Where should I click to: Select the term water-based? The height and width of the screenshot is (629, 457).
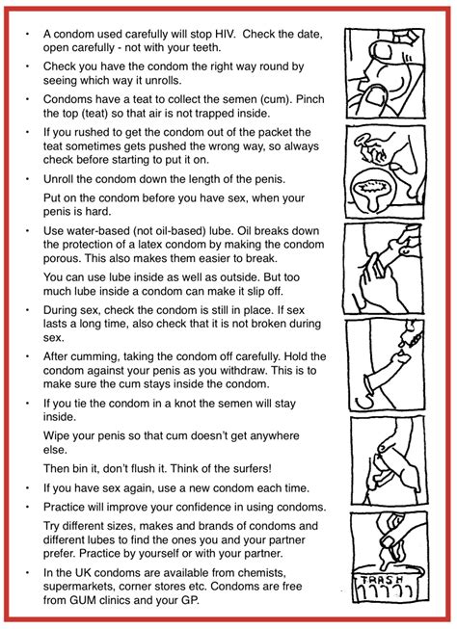[88, 231]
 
